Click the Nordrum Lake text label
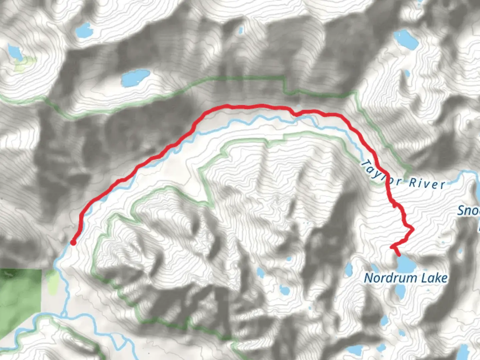point(405,278)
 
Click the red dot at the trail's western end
point(73,242)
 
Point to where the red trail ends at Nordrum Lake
point(399,255)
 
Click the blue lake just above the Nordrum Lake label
point(405,264)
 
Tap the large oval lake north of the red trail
point(135,78)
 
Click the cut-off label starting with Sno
point(468,211)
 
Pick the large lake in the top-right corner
point(406,39)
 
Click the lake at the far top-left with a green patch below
point(15,52)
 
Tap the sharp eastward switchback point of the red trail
point(413,229)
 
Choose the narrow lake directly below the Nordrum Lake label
point(399,292)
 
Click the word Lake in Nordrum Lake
point(434,278)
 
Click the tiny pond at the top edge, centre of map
point(240,31)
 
